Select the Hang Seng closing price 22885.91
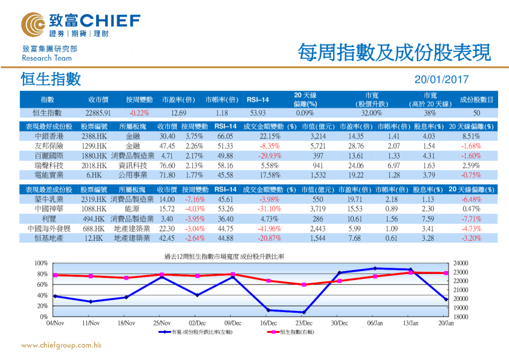pos(98,113)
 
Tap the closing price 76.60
pos(167,165)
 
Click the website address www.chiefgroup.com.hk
pos(60,345)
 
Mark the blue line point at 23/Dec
pos(303,312)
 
